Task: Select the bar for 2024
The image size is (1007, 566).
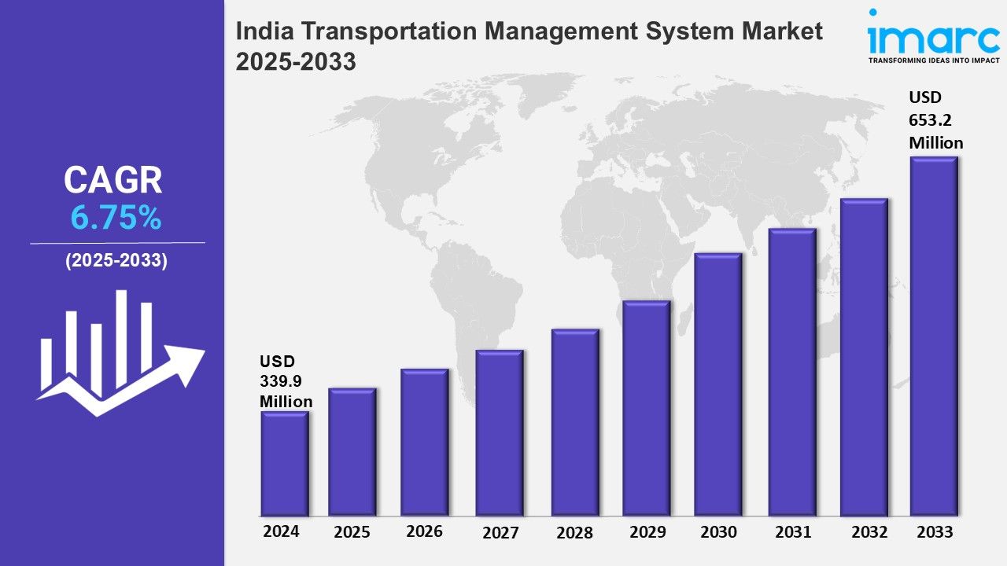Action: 285,464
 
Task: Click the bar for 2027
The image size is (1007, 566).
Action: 500,433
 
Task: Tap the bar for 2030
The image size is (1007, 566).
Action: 718,384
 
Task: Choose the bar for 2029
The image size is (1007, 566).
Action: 646,408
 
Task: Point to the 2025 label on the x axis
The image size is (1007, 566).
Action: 352,532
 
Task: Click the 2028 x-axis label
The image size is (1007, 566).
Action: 574,532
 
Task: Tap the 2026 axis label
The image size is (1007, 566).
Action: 424,531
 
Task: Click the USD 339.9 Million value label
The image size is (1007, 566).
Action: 286,381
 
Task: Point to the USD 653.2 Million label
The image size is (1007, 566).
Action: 935,120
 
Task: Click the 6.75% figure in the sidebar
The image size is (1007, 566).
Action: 116,219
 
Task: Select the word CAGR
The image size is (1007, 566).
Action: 113,181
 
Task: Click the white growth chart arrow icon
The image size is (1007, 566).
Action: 118,354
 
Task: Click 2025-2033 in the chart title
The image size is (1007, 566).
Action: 296,62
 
